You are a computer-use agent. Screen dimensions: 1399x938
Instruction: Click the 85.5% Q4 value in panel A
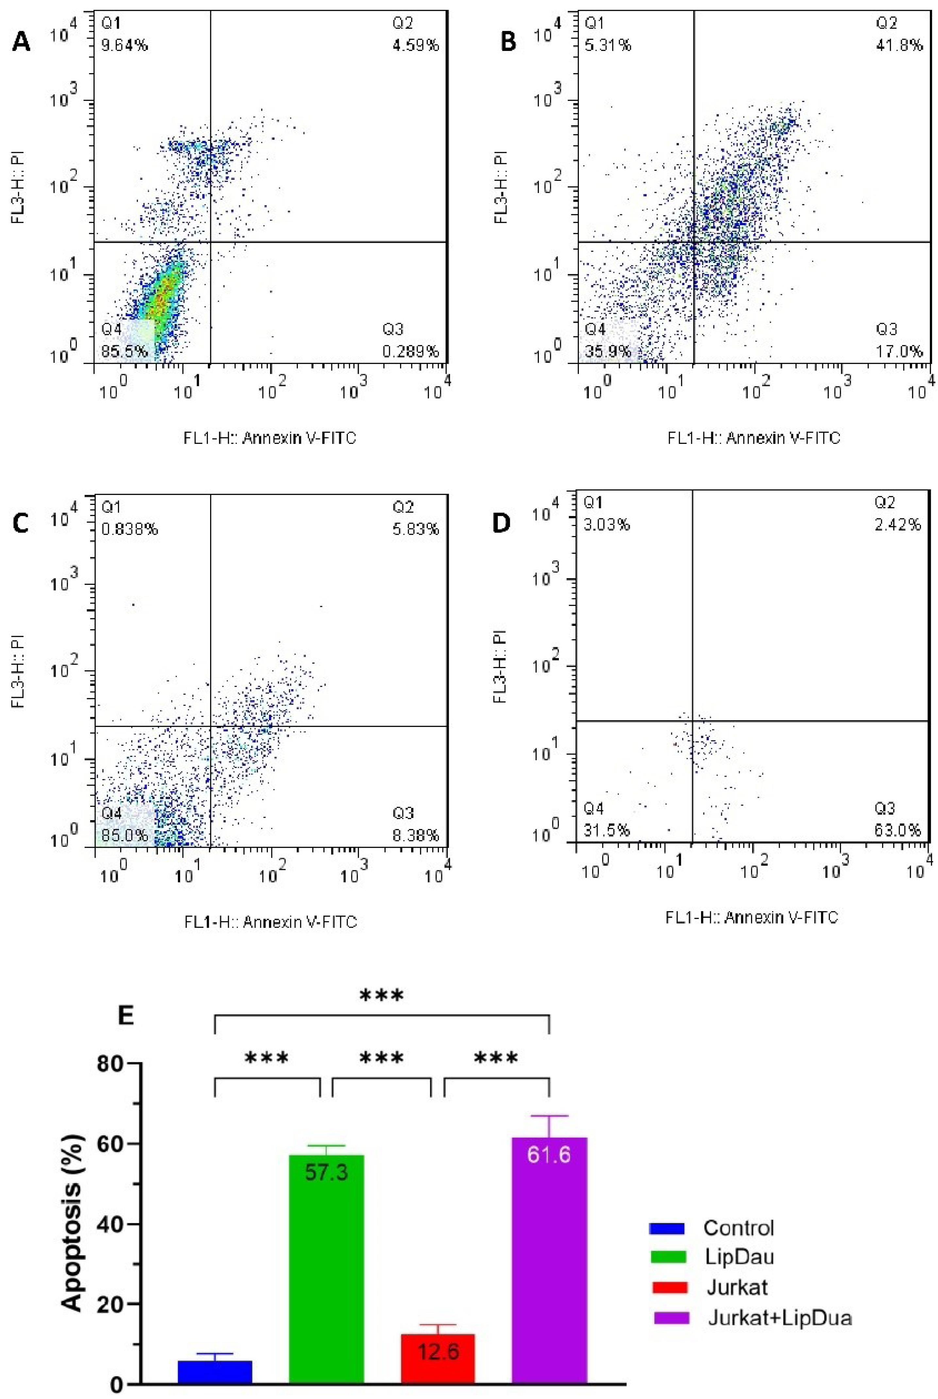point(125,351)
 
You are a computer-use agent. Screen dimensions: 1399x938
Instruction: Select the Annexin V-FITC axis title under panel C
point(271,921)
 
